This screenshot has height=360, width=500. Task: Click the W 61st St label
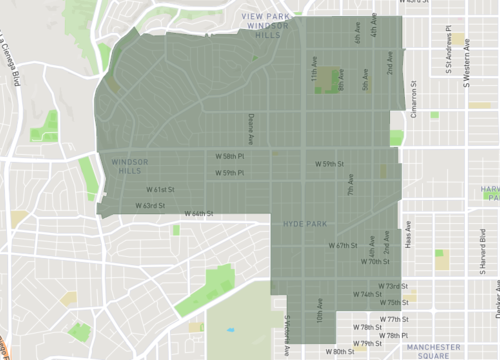(x=161, y=189)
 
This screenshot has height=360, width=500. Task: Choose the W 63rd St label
(x=149, y=205)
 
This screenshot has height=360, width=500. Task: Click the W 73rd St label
(x=388, y=286)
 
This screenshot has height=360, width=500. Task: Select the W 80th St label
(x=341, y=352)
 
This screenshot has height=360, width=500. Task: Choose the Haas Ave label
(x=408, y=235)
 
